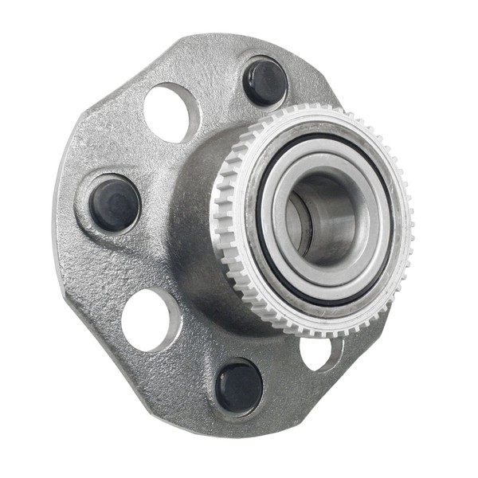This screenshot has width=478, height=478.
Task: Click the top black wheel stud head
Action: click(264, 82)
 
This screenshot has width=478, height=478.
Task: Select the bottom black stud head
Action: click(238, 388)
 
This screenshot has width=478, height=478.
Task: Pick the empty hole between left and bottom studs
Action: click(150, 319)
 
